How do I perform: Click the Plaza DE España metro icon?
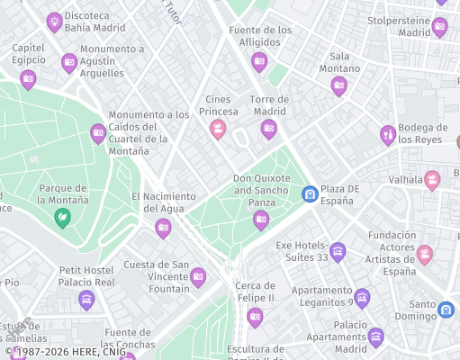tap(310, 193)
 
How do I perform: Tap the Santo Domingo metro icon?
tap(446, 310)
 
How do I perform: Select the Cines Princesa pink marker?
tap(217, 130)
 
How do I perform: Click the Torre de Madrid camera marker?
tap(268, 130)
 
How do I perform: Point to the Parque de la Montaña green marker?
tap(62, 217)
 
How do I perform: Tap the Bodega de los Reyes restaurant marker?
tap(388, 135)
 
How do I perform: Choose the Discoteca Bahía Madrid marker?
tap(55, 21)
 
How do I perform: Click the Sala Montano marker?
tap(338, 86)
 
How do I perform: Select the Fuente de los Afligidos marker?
tap(259, 62)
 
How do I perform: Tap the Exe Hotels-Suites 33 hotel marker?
tap(338, 251)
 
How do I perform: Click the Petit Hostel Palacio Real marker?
tap(86, 300)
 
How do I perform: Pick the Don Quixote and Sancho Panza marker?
tap(261, 220)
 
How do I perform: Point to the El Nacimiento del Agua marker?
tap(163, 229)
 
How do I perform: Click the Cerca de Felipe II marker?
tap(255, 316)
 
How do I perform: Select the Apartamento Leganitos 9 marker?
tap(362, 298)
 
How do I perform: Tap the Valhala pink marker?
tap(432, 180)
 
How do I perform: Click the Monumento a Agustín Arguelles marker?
tap(69, 63)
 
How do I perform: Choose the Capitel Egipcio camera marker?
tap(28, 79)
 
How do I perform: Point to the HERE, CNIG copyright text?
tap(68, 351)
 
